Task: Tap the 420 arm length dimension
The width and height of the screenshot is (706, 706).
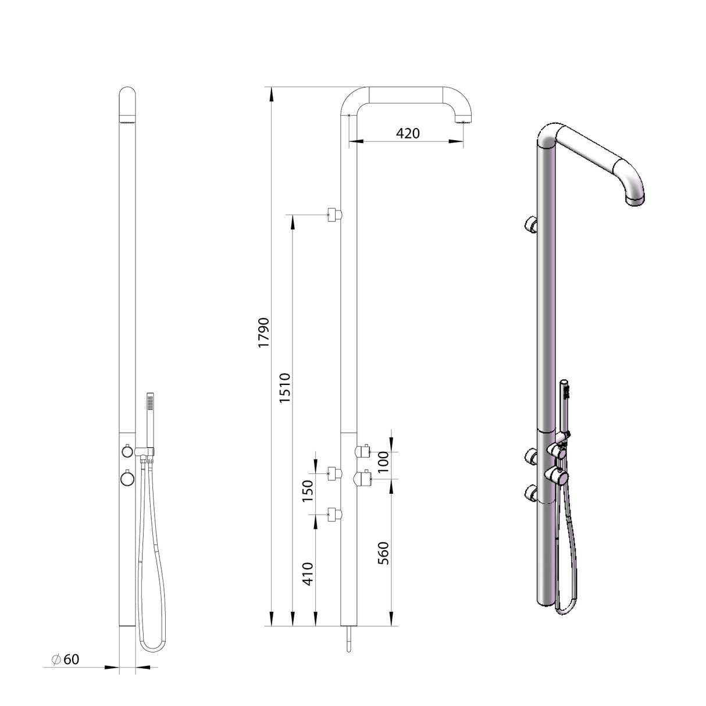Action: coord(408,133)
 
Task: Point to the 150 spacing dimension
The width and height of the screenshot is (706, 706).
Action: coord(308,490)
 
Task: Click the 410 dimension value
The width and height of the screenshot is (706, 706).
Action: coord(308,573)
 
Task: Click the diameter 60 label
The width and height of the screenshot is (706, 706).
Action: coord(65,659)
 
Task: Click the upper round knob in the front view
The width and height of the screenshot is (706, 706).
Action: coord(126,451)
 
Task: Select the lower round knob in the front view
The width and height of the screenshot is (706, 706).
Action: coord(127,478)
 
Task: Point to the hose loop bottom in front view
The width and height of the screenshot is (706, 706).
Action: coord(152,647)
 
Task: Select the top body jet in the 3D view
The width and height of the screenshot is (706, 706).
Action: coord(531,224)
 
